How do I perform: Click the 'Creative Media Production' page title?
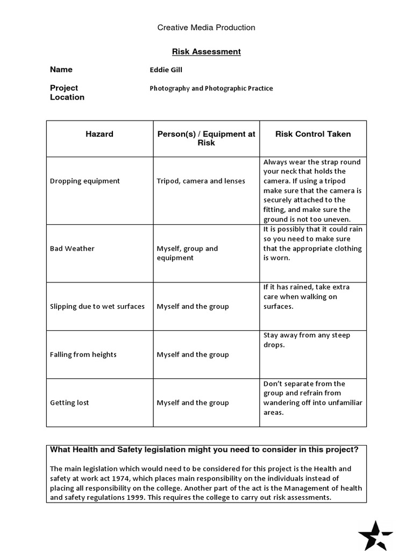coord(206,27)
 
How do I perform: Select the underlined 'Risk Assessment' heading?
coord(206,52)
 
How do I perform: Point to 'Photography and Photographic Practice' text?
coord(211,88)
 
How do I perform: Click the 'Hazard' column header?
coord(99,134)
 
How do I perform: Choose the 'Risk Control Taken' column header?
coord(313,134)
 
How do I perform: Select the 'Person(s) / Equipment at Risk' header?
coord(206,138)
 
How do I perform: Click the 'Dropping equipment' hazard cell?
coord(84,181)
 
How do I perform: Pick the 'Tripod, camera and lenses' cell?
coord(201,181)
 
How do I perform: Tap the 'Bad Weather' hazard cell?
coord(72,249)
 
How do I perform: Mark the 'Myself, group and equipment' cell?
coord(187,253)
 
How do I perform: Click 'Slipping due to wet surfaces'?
coord(97,306)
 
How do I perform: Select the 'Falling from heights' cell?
coord(83,355)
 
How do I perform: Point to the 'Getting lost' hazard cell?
coord(69,402)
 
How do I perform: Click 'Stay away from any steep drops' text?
coord(307,340)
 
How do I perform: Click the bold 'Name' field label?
coord(61,69)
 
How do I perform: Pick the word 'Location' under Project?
coord(67,97)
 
